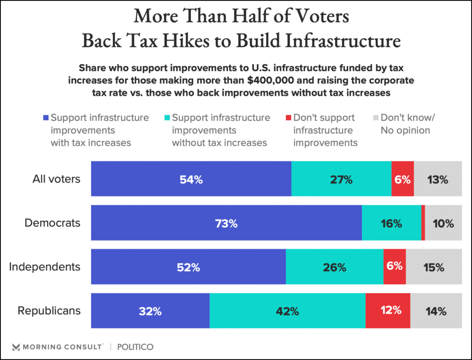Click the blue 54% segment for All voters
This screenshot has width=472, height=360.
(191, 179)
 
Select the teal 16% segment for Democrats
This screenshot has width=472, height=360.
(391, 224)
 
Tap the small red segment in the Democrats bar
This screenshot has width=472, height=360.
(423, 224)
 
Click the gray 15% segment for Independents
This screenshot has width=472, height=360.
(434, 267)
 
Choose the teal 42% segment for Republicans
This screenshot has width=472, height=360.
(288, 311)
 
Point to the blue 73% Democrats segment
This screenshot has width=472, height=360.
(226, 224)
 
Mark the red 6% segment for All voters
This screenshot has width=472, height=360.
(402, 179)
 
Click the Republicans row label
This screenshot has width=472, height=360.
(49, 311)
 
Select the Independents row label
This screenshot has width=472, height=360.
(45, 267)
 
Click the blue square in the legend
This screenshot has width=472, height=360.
(46, 118)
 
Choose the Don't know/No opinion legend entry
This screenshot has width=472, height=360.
(405, 124)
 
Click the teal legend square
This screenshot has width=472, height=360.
(167, 118)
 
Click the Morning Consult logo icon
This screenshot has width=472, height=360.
(17, 347)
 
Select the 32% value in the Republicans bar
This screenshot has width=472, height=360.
(150, 311)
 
